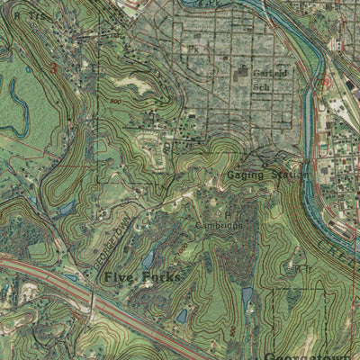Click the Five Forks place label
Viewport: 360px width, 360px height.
click(141, 277)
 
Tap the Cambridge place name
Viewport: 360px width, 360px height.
click(220, 225)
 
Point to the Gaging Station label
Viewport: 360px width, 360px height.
click(266, 175)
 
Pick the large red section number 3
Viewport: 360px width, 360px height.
click(53, 67)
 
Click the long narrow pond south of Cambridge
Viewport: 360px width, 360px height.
click(247, 298)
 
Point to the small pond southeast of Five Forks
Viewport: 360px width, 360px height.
click(181, 316)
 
